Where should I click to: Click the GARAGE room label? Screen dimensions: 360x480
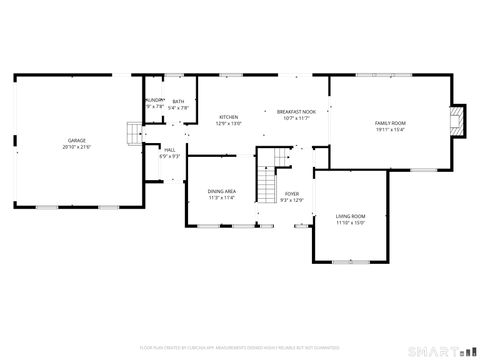click(x=76, y=140)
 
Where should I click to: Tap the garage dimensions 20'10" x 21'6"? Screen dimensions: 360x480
click(x=76, y=147)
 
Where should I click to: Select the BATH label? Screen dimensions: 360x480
click(x=178, y=101)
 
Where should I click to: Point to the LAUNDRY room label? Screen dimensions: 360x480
click(x=154, y=101)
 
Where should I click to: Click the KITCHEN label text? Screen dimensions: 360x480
click(x=229, y=117)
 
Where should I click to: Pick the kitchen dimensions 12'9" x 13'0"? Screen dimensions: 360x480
click(x=229, y=124)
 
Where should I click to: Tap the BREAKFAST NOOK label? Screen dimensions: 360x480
click(x=296, y=111)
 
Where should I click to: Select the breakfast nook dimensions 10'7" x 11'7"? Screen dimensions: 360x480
click(x=296, y=118)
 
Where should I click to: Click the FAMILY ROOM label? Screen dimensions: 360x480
click(x=390, y=122)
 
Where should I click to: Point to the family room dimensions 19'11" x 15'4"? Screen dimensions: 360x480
click(x=390, y=129)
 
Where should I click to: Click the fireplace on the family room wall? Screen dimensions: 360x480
click(x=457, y=122)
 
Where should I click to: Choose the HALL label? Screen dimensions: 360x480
click(x=170, y=150)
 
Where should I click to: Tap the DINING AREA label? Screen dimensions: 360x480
click(x=221, y=191)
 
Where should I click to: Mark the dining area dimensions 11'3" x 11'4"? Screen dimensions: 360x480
click(x=221, y=198)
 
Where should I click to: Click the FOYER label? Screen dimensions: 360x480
click(x=292, y=194)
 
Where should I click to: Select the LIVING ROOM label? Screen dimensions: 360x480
click(x=350, y=216)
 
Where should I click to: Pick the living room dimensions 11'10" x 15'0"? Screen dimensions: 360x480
click(x=350, y=223)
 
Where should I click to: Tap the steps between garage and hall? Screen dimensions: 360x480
click(x=132, y=133)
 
